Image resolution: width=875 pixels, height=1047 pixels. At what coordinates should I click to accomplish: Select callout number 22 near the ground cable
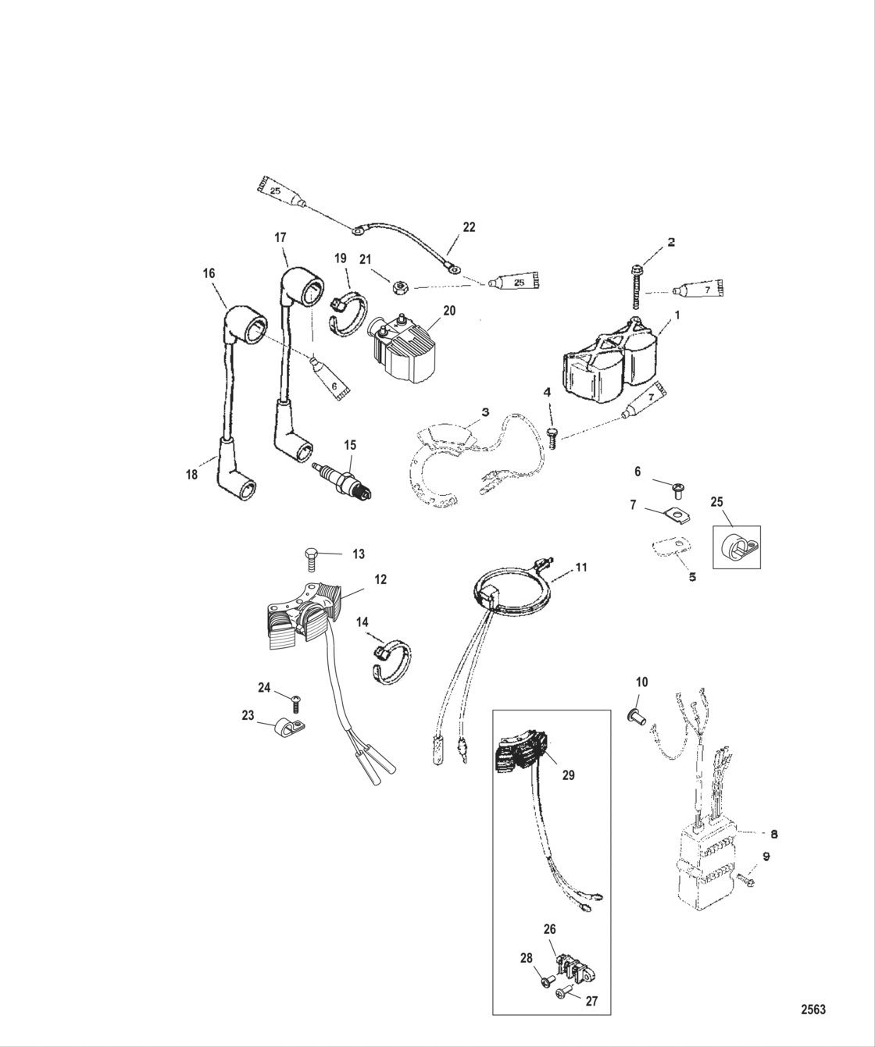tap(469, 227)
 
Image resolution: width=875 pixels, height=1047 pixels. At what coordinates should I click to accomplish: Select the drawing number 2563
tap(812, 1009)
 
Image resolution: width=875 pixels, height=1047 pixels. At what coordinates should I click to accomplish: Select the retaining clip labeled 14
tap(390, 661)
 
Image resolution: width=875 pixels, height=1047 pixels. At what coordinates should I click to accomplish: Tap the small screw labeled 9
tap(745, 879)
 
